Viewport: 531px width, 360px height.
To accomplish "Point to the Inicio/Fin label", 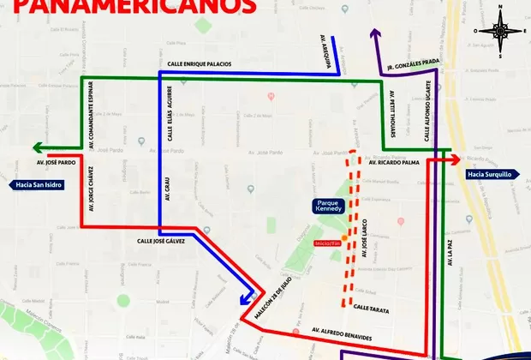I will click(328, 243).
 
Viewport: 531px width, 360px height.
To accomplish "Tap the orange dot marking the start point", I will click(344, 237).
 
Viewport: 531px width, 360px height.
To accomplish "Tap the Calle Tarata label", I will click(372, 307).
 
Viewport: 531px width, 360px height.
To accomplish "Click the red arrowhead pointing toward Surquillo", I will click(456, 159).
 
